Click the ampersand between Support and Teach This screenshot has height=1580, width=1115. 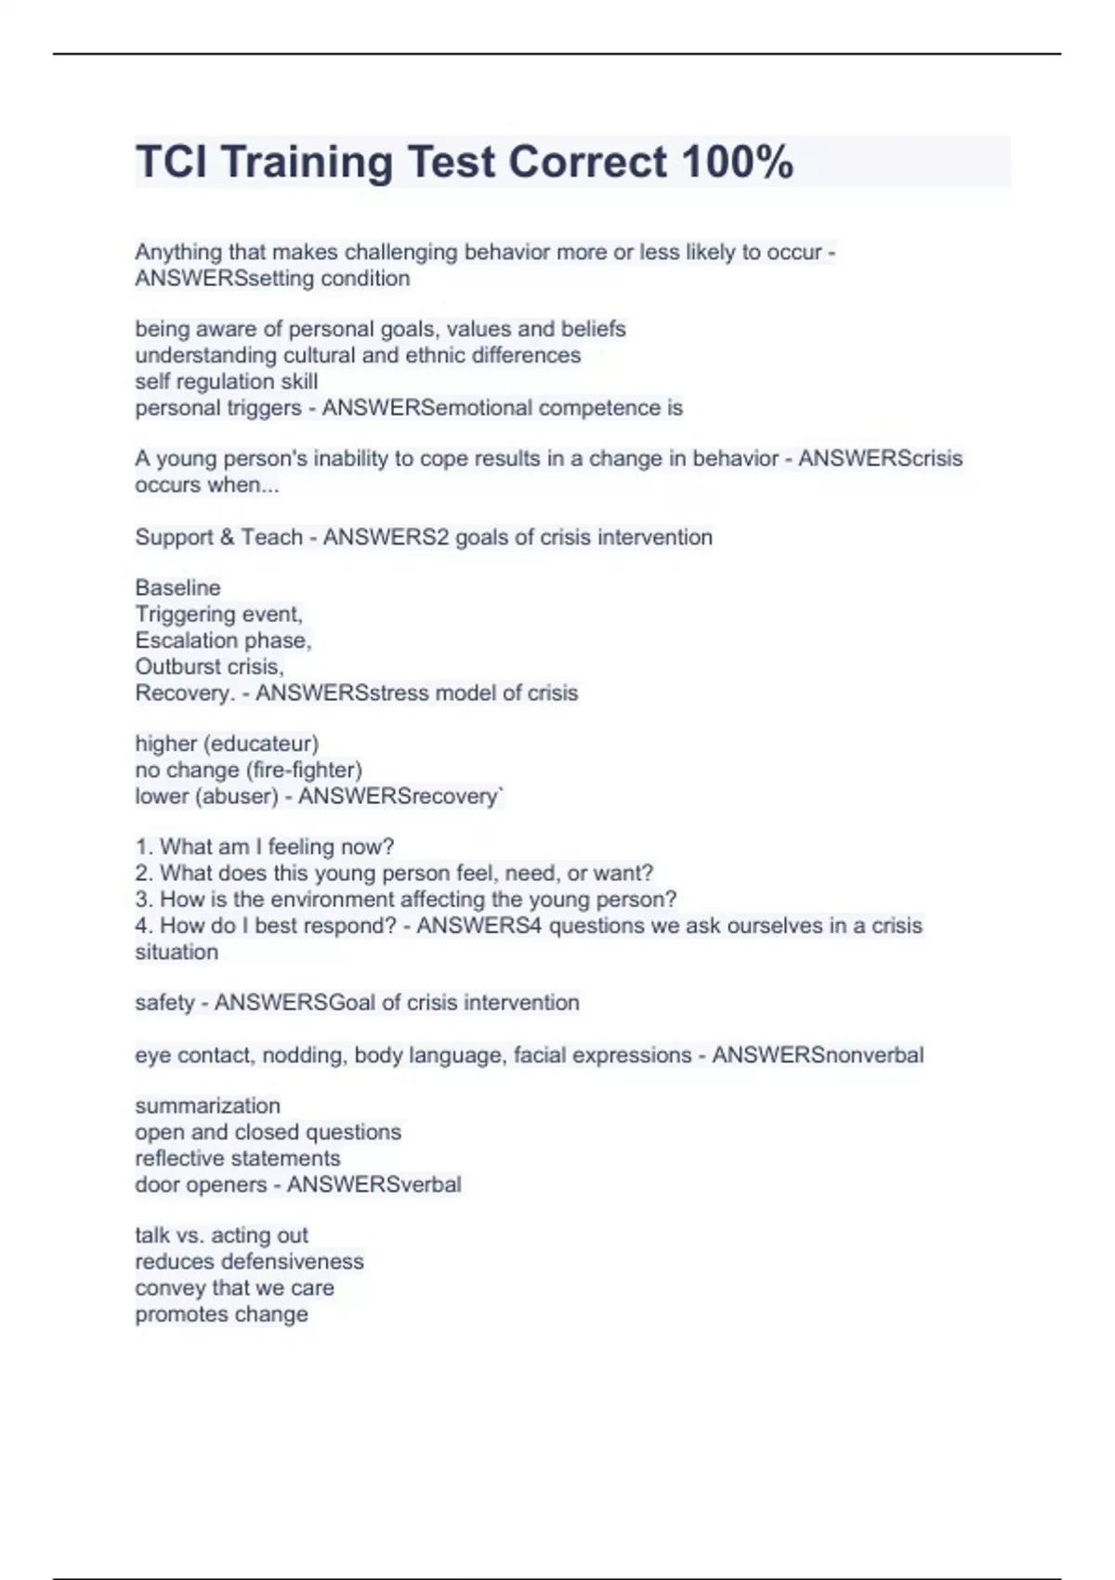[226, 537]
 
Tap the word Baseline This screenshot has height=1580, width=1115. [177, 587]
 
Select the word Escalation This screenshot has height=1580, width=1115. [185, 640]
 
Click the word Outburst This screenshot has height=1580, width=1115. [174, 666]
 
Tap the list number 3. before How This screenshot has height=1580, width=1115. [143, 900]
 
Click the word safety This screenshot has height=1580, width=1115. [164, 1003]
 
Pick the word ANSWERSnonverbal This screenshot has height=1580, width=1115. [818, 1056]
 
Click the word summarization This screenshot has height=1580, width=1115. [207, 1106]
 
